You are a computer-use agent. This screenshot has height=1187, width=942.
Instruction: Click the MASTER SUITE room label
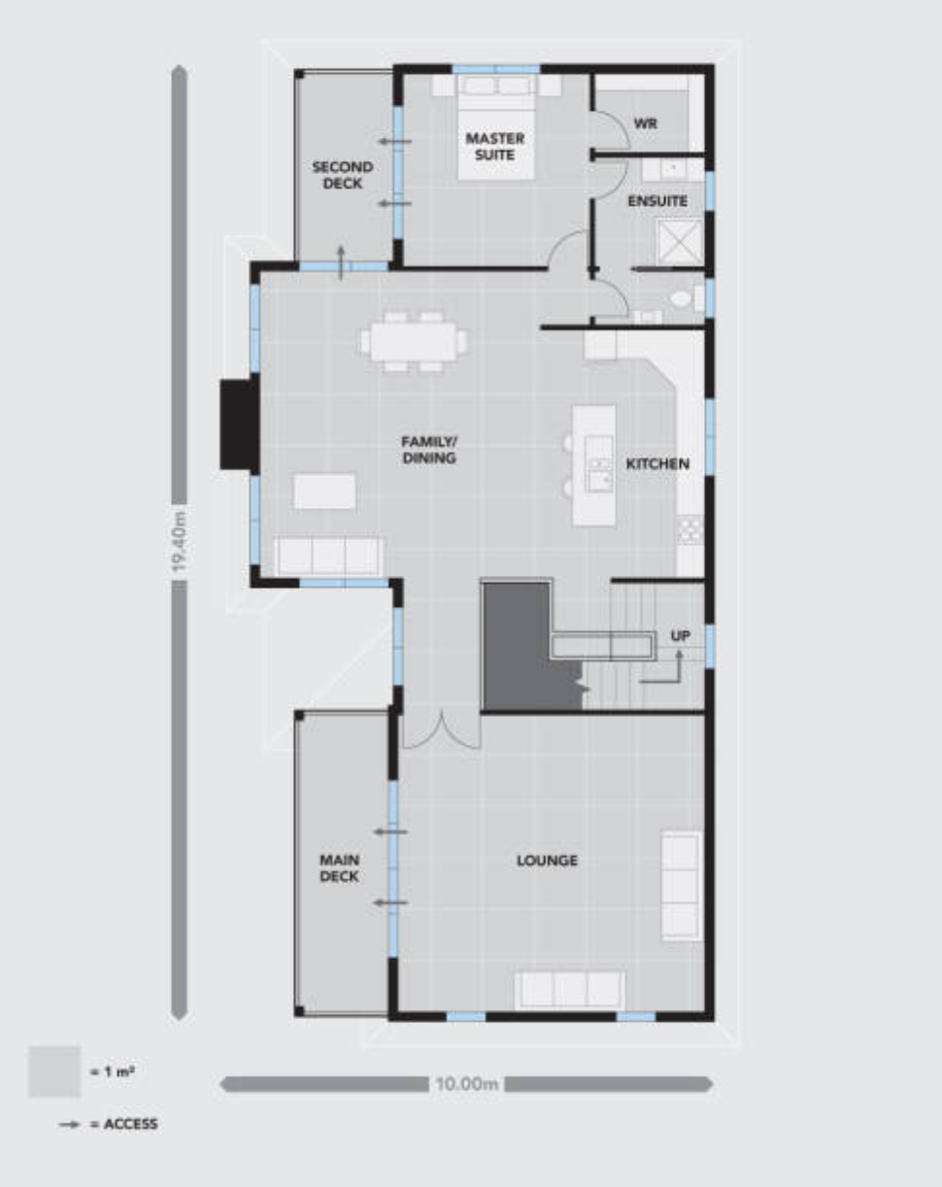tap(494, 146)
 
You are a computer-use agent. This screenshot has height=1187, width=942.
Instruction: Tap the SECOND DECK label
tap(343, 175)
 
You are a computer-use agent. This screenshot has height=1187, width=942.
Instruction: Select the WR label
tap(645, 123)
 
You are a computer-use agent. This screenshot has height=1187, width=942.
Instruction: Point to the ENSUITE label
tap(657, 201)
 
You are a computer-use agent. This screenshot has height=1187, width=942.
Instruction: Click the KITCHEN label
tap(657, 464)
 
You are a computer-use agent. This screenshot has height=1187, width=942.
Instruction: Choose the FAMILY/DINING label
tap(429, 450)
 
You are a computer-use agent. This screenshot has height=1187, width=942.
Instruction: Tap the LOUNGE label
tap(547, 861)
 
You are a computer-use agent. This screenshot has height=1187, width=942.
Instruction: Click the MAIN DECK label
tap(339, 867)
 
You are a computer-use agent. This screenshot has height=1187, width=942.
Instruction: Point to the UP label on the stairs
tap(680, 636)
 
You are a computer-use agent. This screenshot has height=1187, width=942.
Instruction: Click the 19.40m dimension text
tap(180, 542)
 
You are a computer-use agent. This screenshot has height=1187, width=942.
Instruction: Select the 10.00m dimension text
tap(466, 1084)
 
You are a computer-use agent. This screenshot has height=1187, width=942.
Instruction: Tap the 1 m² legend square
tap(54, 1071)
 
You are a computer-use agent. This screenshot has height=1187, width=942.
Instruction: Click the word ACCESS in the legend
tap(131, 1124)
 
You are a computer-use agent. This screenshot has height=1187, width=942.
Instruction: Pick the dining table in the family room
tap(413, 341)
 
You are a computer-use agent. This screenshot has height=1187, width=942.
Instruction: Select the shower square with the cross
tap(680, 241)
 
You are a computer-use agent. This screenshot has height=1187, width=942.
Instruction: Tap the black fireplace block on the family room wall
tap(239, 424)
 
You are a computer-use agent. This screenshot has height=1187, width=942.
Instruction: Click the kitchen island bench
tap(594, 466)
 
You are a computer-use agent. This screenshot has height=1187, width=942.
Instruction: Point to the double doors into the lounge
tap(442, 730)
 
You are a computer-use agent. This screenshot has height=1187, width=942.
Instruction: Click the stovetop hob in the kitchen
tap(690, 530)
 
